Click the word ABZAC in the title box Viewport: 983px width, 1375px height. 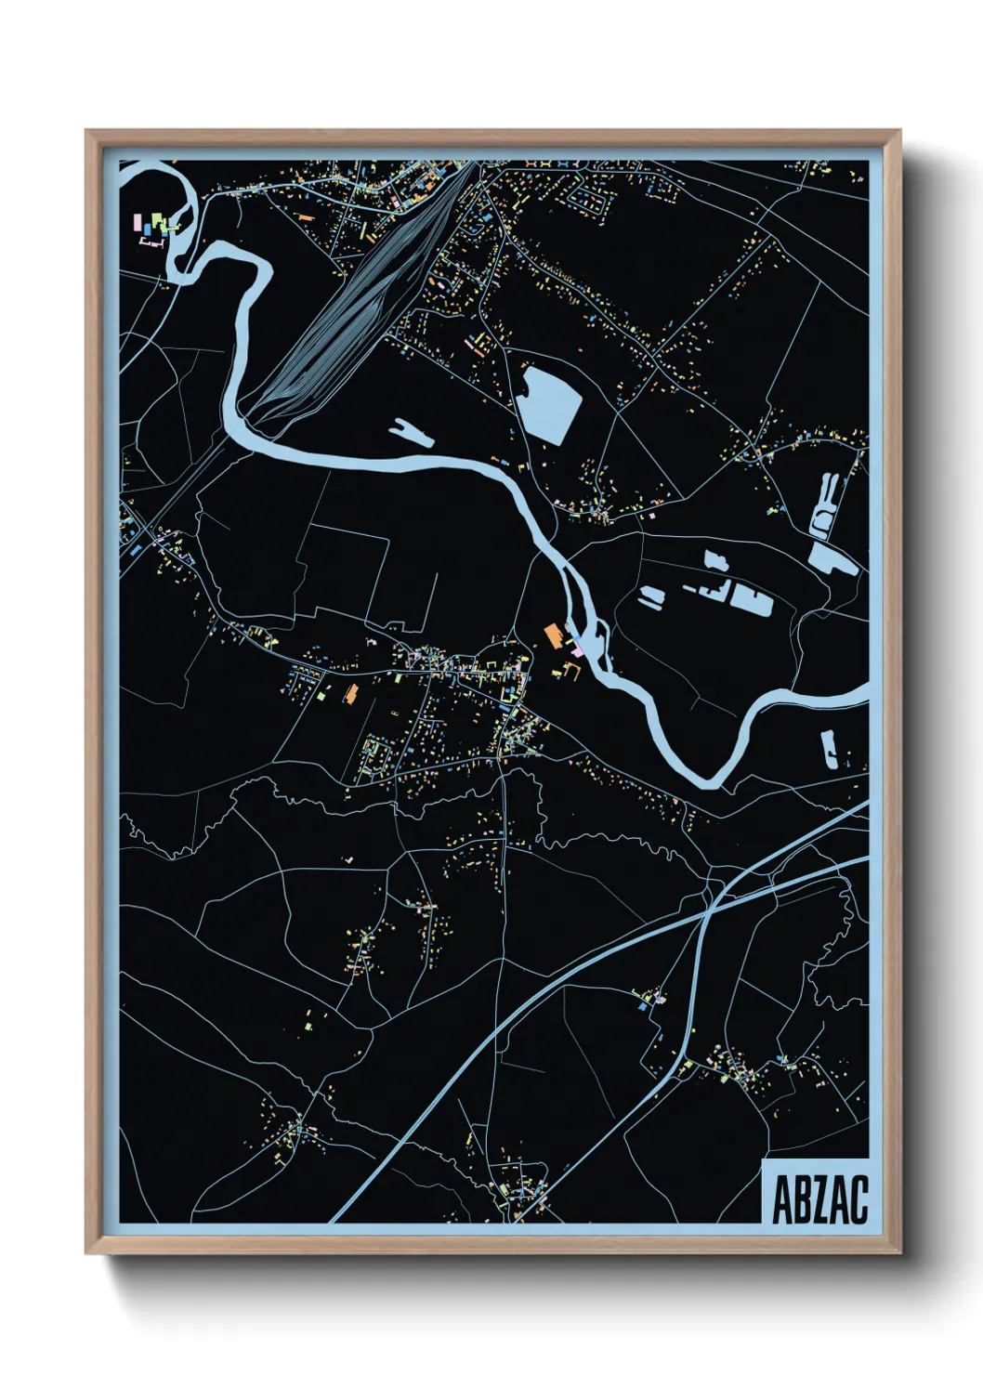click(819, 1199)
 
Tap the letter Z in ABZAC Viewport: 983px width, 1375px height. click(820, 1199)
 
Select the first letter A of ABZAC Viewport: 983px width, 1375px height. click(782, 1199)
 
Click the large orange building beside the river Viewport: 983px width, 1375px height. click(553, 635)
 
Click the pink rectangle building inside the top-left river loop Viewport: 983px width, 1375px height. click(138, 223)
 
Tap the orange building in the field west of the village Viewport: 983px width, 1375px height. click(352, 693)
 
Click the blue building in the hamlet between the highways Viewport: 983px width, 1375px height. click(641, 1006)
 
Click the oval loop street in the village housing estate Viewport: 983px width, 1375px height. click(377, 755)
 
